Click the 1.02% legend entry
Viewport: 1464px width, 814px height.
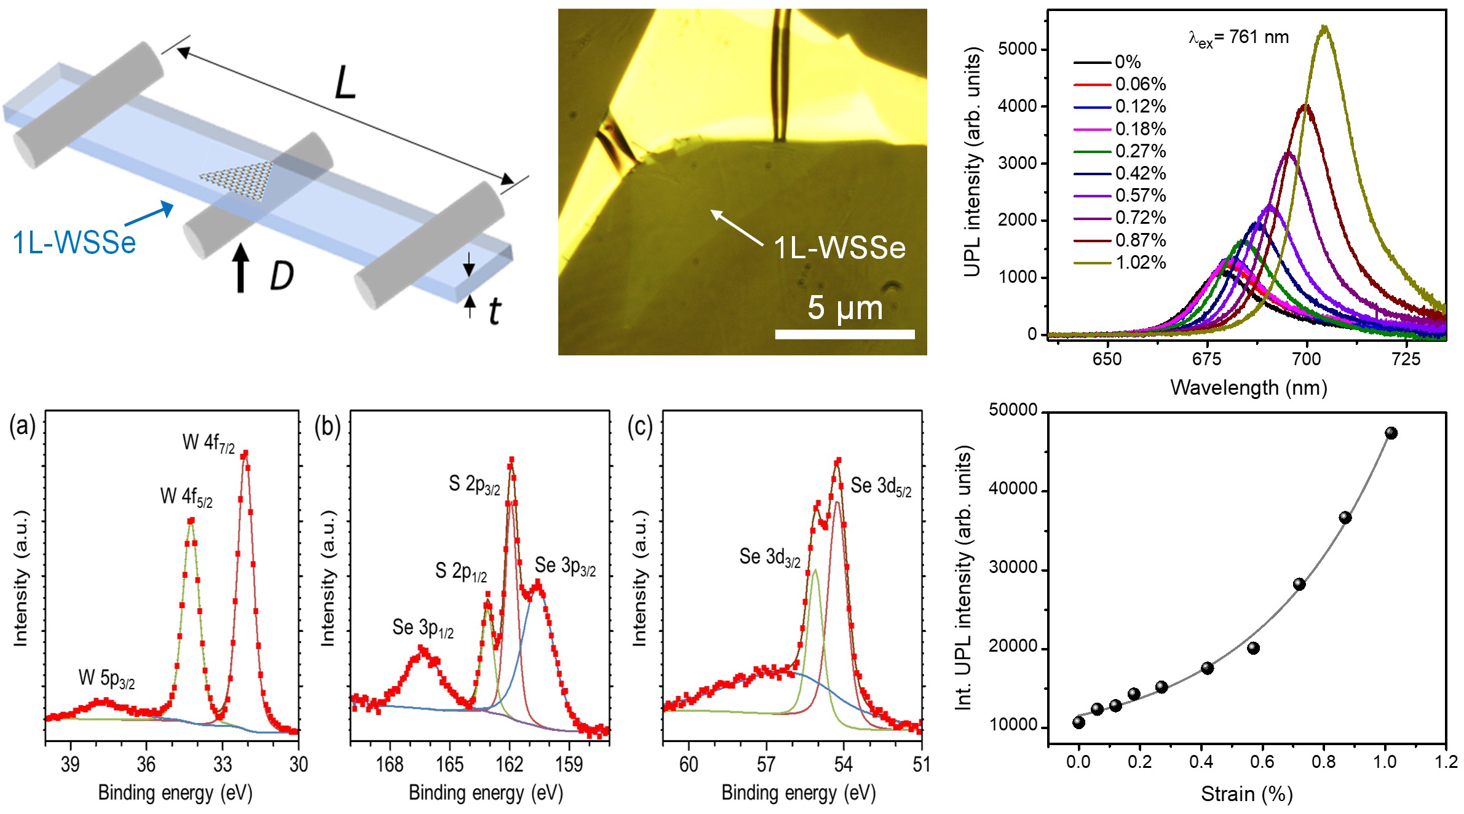[1140, 263]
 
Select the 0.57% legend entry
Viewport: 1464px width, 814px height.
[1140, 196]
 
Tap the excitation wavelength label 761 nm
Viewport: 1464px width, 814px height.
[1238, 38]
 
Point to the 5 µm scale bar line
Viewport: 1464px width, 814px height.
[845, 334]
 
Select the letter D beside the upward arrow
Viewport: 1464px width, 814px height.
[282, 276]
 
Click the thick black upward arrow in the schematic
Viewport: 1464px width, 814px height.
[241, 268]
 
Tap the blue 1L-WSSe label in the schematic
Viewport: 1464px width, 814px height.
[74, 242]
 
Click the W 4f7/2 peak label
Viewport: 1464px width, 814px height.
[208, 443]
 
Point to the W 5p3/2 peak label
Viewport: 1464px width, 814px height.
[106, 678]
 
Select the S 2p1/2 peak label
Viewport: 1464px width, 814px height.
[461, 571]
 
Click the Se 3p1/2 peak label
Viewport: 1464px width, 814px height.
[423, 628]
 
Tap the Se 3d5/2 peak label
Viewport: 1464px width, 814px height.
[880, 486]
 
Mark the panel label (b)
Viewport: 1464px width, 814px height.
[327, 426]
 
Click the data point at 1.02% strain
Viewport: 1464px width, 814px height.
[1391, 433]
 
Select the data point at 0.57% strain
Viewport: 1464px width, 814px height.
[1253, 648]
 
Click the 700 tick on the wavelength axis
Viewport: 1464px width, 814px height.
[1306, 359]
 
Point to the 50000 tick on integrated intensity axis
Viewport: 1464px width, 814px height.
[1013, 410]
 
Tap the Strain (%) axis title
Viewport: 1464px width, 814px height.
[1246, 794]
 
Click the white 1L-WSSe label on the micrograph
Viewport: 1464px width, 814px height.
[839, 248]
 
